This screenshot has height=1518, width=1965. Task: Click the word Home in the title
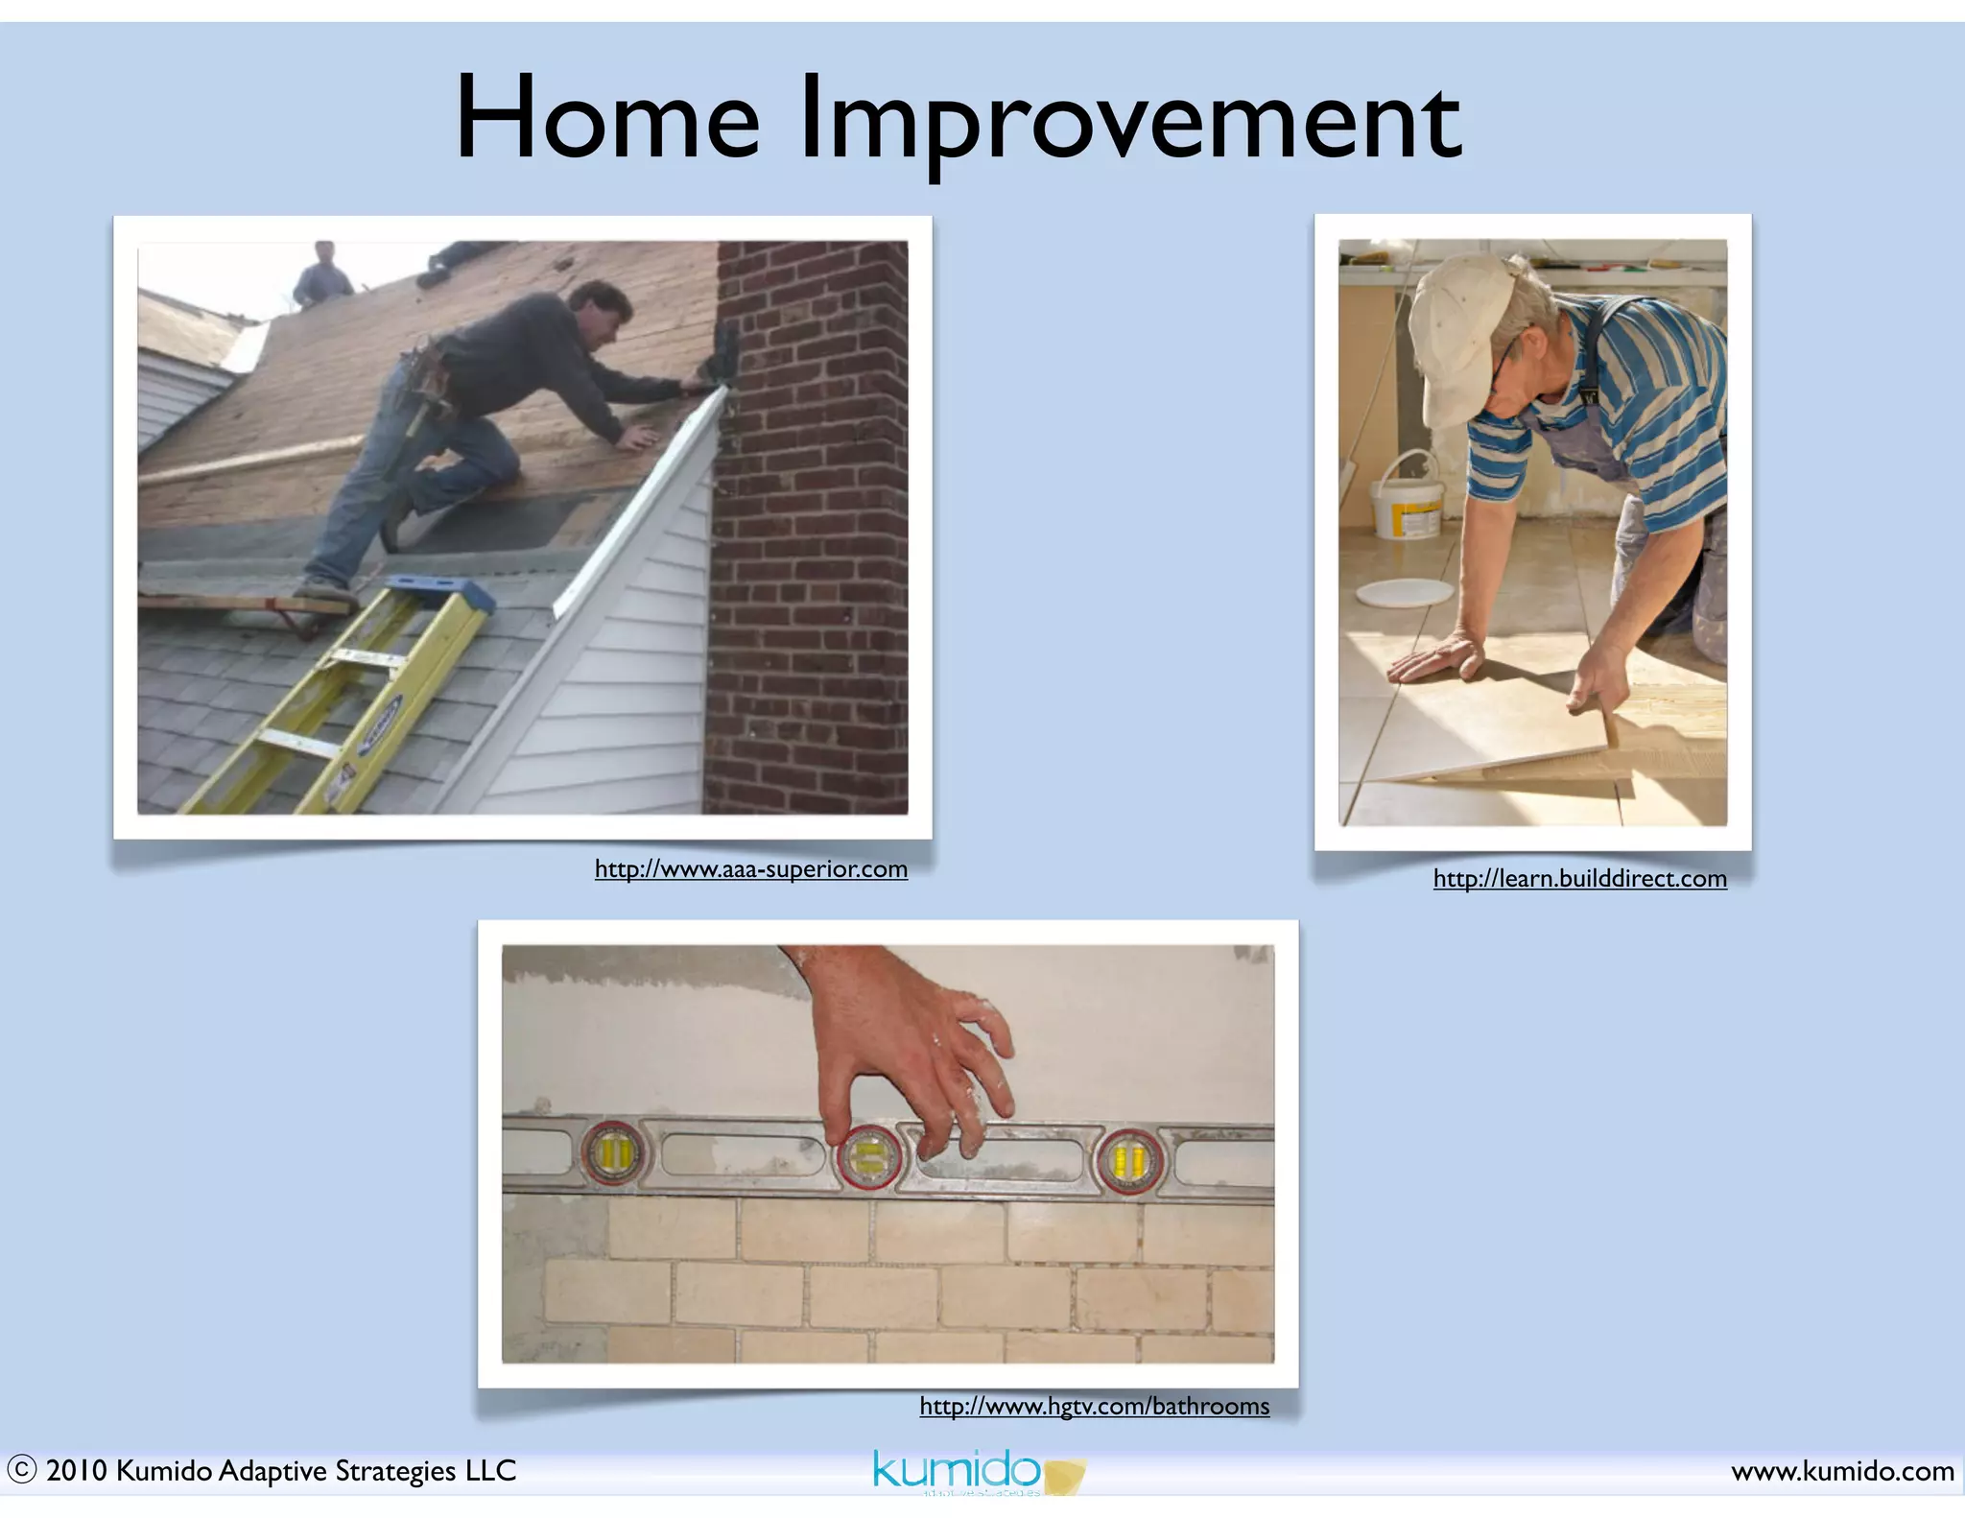click(606, 119)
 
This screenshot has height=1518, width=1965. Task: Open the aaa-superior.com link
click(750, 869)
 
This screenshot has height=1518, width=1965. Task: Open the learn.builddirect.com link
click(1579, 879)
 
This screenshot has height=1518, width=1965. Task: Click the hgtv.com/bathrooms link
click(1094, 1407)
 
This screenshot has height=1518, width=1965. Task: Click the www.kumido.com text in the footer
click(1842, 1471)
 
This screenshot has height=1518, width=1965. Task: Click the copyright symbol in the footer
click(21, 1469)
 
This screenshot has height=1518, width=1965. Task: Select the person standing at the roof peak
click(323, 273)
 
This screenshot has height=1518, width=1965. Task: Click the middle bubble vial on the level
click(868, 1156)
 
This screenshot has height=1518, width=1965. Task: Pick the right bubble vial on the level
click(1129, 1159)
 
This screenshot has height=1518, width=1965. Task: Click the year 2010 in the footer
click(76, 1471)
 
